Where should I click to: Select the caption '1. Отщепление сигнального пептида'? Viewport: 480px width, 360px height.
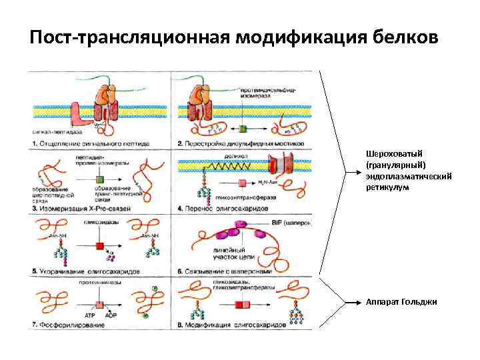click(x=91, y=143)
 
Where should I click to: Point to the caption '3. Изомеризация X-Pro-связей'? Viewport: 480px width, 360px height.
click(x=81, y=209)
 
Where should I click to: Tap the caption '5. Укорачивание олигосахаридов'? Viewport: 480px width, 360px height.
click(x=86, y=272)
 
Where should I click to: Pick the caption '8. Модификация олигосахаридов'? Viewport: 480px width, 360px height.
click(x=233, y=324)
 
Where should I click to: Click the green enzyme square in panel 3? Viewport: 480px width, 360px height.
click(x=100, y=179)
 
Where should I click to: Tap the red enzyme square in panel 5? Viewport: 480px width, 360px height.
click(x=100, y=246)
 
